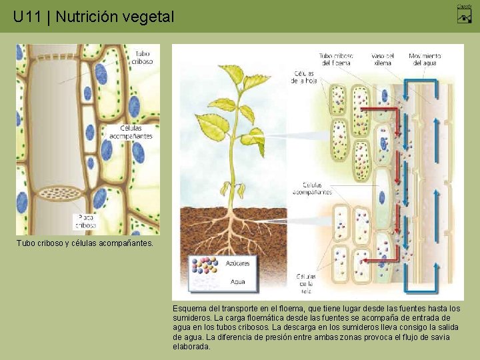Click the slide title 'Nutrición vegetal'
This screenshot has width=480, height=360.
(115, 17)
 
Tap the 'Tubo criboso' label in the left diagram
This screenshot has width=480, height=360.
(143, 57)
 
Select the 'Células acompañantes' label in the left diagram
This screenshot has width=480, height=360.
(136, 132)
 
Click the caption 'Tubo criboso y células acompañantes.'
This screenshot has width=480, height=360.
(85, 243)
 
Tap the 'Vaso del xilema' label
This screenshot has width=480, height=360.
(383, 59)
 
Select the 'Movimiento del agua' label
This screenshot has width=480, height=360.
(425, 59)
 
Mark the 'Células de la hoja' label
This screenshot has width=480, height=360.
(303, 77)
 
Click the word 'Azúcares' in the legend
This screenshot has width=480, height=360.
(237, 263)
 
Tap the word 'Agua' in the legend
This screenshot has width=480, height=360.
(237, 281)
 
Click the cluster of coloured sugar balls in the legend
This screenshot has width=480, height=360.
(205, 265)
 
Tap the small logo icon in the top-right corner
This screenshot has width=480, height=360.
(464, 13)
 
